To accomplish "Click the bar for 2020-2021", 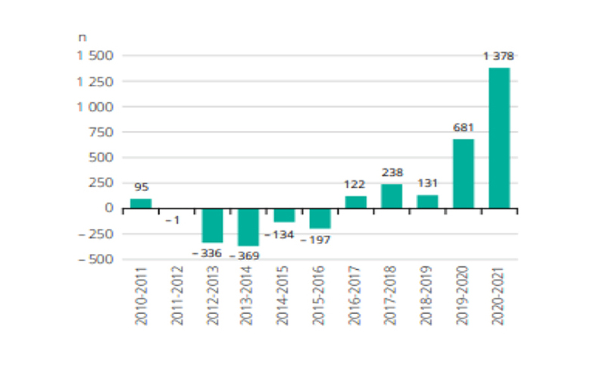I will click(499, 138).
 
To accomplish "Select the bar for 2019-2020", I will click(463, 174).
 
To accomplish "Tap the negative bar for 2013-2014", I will click(248, 227).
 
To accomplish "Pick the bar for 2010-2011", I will click(141, 203).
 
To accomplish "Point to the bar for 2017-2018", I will click(392, 196).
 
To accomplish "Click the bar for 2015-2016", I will click(320, 218).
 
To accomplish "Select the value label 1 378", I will click(498, 56).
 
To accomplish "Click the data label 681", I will click(463, 127).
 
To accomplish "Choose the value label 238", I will click(392, 172).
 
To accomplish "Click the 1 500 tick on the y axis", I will click(94, 56).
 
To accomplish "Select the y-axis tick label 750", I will click(101, 133).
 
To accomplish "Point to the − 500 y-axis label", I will click(95, 259).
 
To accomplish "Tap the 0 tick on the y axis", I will click(110, 209).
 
